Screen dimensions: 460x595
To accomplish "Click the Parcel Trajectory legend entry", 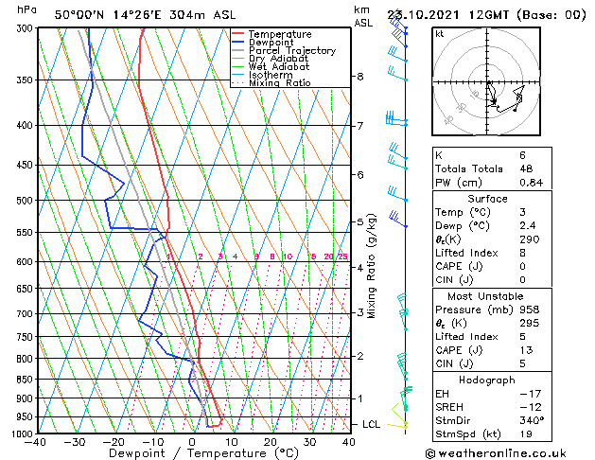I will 291,50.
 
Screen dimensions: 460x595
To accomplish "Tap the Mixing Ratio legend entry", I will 279,83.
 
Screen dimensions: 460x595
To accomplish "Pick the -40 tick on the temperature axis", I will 37,442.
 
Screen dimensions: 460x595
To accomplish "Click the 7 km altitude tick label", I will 359,126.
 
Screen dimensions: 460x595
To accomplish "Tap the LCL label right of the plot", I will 371,424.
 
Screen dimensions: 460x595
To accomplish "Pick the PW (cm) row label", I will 456,183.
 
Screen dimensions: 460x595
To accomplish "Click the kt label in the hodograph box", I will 440,34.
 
